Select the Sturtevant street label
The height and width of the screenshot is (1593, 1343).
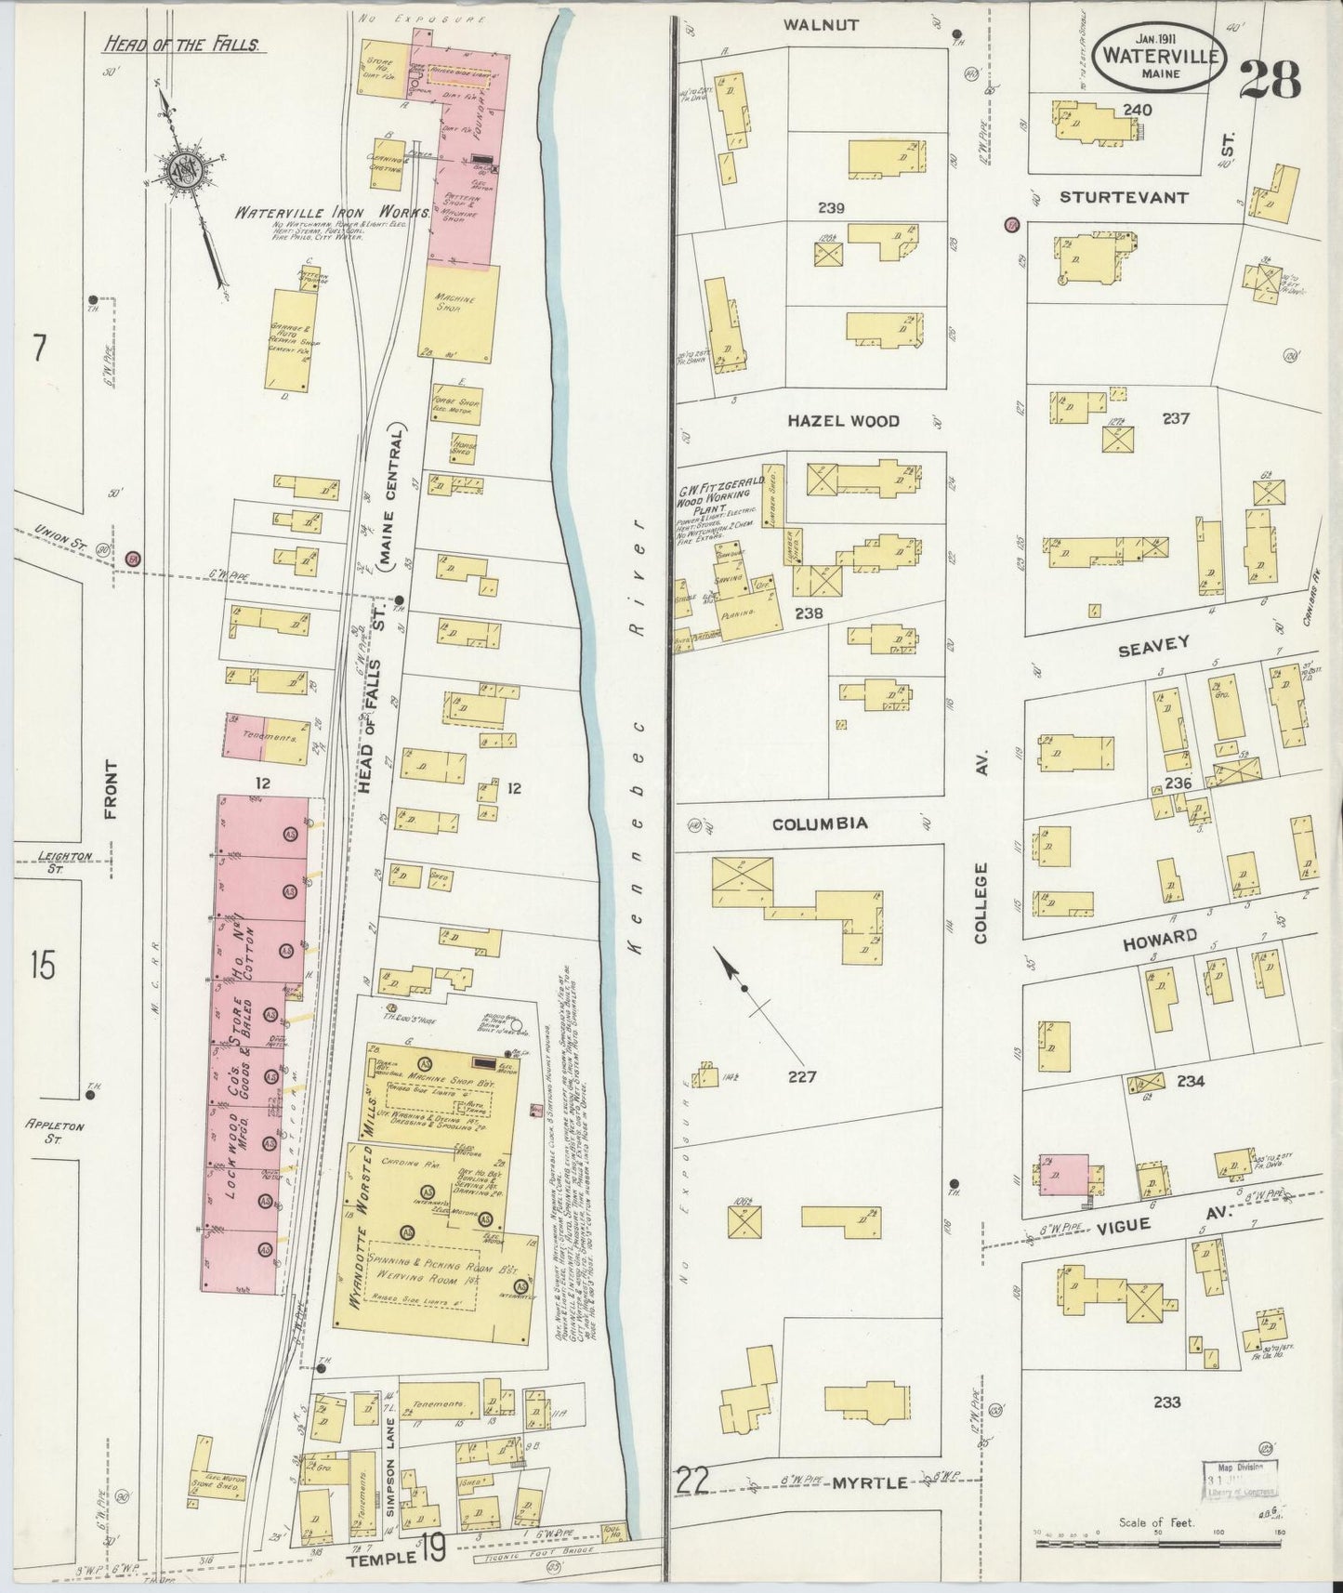[1124, 197]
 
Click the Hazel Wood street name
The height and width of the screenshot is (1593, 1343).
[843, 421]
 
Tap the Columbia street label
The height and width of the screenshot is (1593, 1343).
[819, 823]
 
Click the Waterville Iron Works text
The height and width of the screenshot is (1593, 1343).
[331, 212]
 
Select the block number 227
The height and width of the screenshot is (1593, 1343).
[801, 1077]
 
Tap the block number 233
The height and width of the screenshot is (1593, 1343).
[1166, 1402]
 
